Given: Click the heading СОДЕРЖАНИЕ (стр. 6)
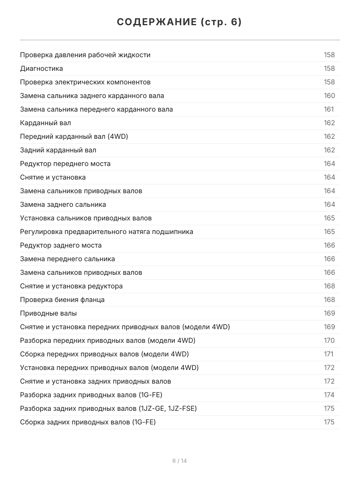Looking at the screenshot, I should (x=180, y=22).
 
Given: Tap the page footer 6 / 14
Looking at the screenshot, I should (x=180, y=461).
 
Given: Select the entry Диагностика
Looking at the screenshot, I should (x=42, y=68).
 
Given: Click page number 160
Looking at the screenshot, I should (x=329, y=96).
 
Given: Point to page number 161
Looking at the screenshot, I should (x=328, y=109).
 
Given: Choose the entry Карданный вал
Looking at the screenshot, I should (x=46, y=123).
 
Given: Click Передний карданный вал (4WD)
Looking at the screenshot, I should (x=74, y=136).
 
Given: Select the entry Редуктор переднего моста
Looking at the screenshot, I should (x=65, y=164).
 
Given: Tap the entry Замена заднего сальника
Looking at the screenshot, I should (x=63, y=204).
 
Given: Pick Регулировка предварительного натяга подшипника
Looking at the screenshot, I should (x=107, y=232).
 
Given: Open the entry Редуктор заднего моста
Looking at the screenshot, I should (x=61, y=245).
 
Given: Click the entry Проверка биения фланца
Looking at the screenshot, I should (x=62, y=300).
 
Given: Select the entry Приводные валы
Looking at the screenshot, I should (x=48, y=313).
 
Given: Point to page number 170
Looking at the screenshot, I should (x=329, y=340).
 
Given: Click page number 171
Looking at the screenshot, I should (x=328, y=354).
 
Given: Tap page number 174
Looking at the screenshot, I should (x=329, y=395).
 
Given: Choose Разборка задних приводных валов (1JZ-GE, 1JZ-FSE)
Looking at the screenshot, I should (x=108, y=408).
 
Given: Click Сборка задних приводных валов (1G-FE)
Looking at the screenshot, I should (x=88, y=422).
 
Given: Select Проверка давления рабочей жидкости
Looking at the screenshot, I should (x=85, y=55).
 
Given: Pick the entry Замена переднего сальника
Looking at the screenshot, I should (x=68, y=259).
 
